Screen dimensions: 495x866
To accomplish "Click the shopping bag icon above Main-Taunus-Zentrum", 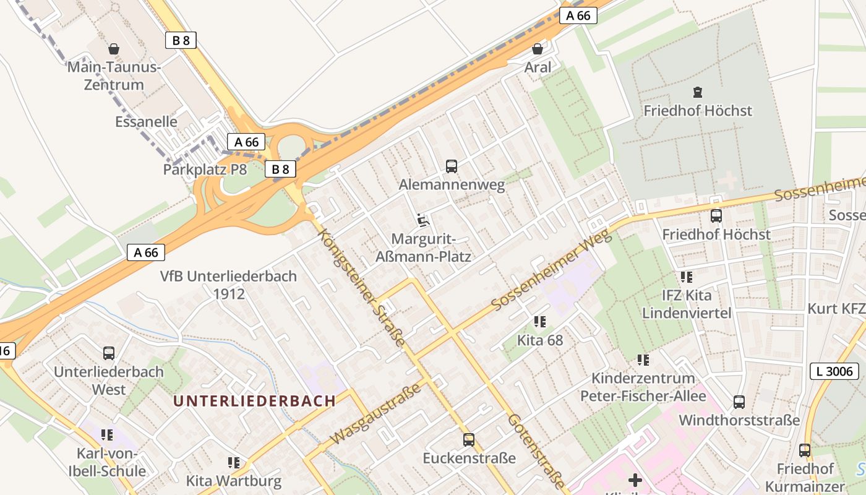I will click(x=114, y=48).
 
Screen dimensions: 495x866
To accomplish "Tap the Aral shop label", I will click(x=538, y=67).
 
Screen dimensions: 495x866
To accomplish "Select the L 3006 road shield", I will click(x=834, y=371).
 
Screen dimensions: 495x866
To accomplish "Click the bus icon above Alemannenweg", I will click(x=452, y=166).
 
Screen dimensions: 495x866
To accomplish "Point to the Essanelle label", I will click(x=146, y=121).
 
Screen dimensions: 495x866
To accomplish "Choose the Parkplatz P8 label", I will click(x=205, y=169).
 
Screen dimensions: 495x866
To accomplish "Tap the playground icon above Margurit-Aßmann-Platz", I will click(x=424, y=220).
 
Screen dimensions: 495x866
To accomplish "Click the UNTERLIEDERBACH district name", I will click(x=254, y=400).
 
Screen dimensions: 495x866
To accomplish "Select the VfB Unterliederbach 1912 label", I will click(x=229, y=285).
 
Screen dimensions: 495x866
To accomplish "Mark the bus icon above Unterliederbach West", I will click(x=109, y=353).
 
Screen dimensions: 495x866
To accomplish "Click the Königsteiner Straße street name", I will click(x=362, y=288).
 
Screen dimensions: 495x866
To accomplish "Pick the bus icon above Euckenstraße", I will click(x=469, y=439).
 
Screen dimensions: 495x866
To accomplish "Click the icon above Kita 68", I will click(x=540, y=321).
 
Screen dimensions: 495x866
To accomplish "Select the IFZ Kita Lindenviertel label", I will click(x=687, y=304).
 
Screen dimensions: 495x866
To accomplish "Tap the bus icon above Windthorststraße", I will click(x=739, y=402).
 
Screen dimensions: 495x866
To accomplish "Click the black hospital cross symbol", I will click(x=635, y=480).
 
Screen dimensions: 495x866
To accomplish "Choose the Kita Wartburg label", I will click(x=234, y=480).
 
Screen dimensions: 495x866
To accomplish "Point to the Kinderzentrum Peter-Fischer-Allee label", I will click(x=643, y=387).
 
